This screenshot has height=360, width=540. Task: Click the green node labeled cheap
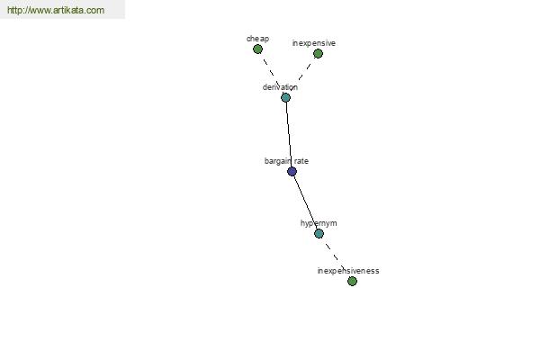coord(257,49)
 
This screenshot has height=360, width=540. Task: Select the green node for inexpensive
coord(318,53)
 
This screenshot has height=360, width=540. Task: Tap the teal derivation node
coord(285,97)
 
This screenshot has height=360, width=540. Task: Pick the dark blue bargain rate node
coord(292,171)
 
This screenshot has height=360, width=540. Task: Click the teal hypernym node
coord(319,234)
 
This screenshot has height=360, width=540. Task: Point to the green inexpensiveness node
coord(352,281)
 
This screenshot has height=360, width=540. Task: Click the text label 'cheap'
coord(257,39)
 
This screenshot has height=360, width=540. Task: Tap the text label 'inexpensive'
coord(314,43)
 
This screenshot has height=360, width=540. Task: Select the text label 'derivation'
coord(280,87)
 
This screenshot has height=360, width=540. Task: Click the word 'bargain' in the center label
coord(277,161)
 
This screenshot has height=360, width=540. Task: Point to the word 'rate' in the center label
coord(301,161)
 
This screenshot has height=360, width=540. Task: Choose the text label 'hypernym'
coord(319,223)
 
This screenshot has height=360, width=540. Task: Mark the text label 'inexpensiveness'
coord(348,271)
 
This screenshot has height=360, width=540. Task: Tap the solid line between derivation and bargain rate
coord(289,134)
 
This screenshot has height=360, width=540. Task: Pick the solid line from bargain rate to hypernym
coord(305,202)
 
